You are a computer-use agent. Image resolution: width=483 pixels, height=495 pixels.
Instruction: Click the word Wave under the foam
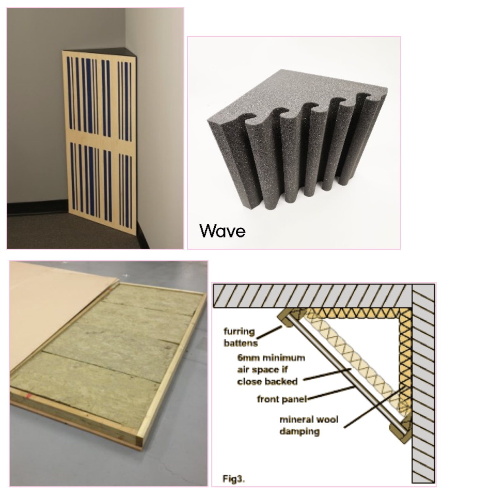point(223,231)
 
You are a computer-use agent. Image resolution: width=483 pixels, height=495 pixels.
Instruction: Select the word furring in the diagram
point(239,331)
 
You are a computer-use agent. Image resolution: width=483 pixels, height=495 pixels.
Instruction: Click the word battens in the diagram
point(240,343)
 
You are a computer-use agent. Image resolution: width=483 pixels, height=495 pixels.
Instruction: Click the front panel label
point(282,399)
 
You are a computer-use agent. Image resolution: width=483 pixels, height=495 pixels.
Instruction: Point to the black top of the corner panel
point(101,52)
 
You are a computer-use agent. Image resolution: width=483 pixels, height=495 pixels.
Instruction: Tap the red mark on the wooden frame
point(28,396)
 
